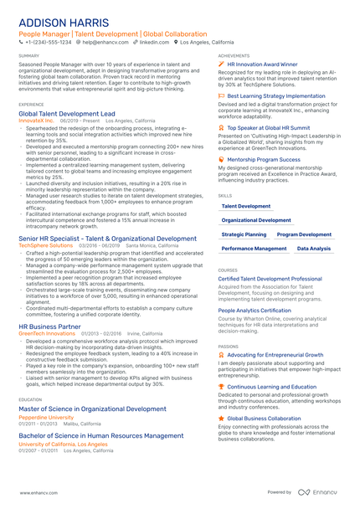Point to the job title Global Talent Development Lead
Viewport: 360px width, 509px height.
67,112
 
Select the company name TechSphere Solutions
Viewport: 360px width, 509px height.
45,245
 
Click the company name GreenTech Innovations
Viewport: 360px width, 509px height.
47,333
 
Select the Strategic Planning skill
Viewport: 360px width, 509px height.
244,235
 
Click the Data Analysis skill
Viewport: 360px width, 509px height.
314,249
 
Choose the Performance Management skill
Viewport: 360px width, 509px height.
254,249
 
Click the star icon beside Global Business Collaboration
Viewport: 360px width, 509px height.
221,417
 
